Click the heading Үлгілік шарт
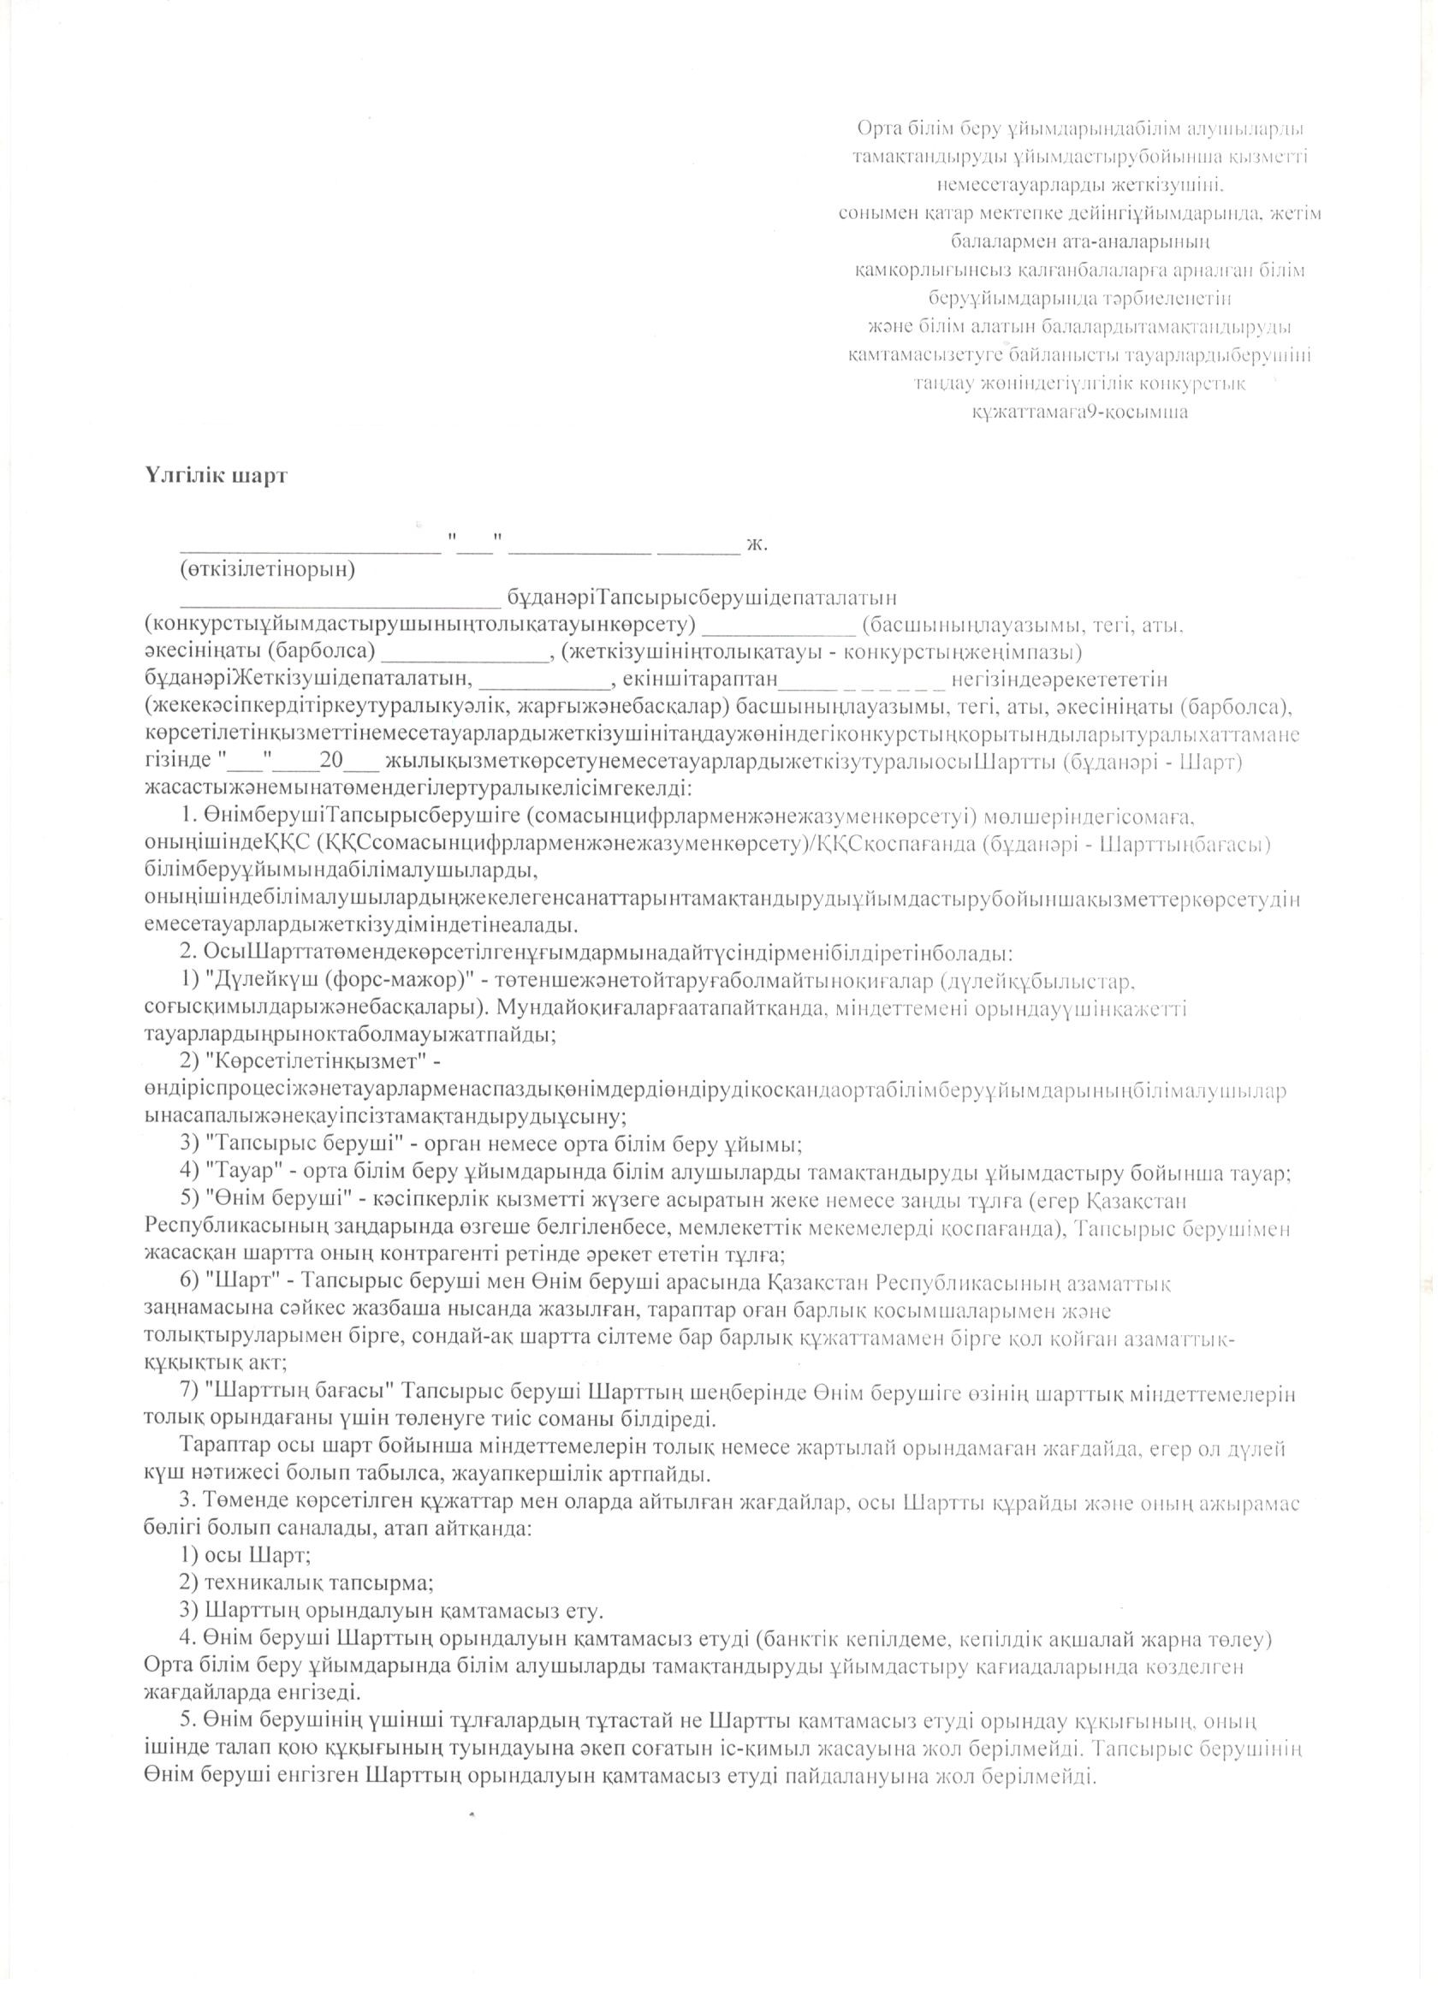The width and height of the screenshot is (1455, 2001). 217,476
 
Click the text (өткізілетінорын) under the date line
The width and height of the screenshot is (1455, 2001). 267,570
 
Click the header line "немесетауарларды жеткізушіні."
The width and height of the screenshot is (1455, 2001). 1080,184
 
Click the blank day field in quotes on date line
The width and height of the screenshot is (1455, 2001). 476,543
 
